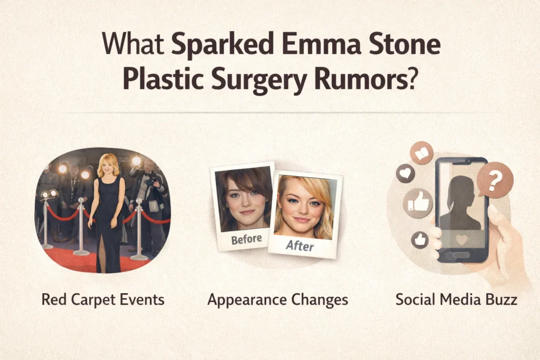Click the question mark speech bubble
pyautogui.click(x=495, y=180)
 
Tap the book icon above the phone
pyautogui.click(x=422, y=152)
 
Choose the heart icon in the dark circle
pyautogui.click(x=405, y=173)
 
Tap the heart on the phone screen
pyautogui.click(x=461, y=239)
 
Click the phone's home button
pyautogui.click(x=461, y=255)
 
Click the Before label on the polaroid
pyautogui.click(x=246, y=239)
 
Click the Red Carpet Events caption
pyautogui.click(x=103, y=300)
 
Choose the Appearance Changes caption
pyautogui.click(x=278, y=300)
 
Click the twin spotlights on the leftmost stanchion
pyautogui.click(x=49, y=194)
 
